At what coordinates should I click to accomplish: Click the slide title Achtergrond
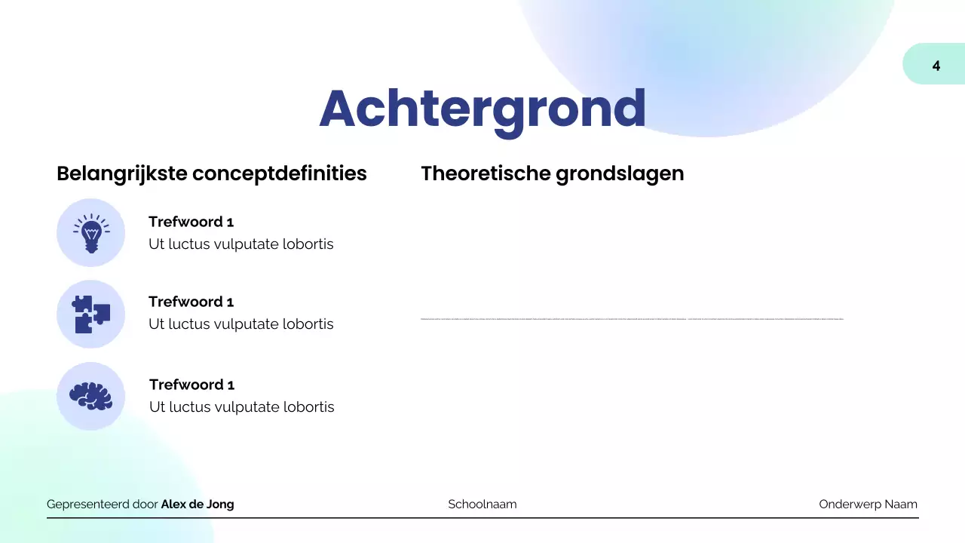482,109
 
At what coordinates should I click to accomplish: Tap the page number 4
936,66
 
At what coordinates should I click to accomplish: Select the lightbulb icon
90,233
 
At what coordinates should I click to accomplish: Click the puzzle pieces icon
90,314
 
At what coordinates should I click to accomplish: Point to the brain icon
90,396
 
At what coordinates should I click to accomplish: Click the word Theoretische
486,173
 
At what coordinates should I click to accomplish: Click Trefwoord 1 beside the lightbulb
191,222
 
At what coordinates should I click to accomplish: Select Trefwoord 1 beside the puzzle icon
191,302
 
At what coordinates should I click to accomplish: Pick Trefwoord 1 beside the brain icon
191,385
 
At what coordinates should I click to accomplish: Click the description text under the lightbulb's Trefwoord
240,244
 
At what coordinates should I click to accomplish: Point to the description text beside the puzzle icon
240,324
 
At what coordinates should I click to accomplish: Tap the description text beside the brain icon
241,407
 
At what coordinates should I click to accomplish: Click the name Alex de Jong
198,505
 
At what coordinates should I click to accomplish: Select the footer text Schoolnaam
482,505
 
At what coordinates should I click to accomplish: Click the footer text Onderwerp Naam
868,505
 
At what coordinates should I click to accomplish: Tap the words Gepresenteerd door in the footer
103,505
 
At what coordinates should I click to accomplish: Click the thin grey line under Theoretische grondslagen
632,319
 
